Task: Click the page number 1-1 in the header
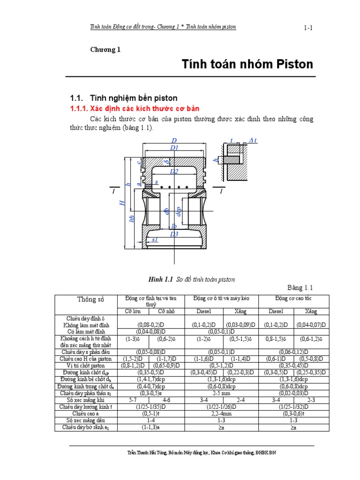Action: coord(308,28)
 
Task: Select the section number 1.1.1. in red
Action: coord(82,108)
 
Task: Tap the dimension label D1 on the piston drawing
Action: coord(174,148)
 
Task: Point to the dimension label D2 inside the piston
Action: coord(174,172)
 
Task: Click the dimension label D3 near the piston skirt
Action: coord(174,234)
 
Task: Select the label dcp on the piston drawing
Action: coord(178,212)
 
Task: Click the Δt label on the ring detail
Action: coord(253,141)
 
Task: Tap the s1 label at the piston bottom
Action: coord(155,240)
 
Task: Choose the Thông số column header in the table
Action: coord(90,300)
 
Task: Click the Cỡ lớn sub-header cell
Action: coord(134,311)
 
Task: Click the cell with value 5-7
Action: coord(133,400)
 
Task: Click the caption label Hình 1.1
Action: coord(161,279)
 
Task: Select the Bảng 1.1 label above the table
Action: coord(299,287)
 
